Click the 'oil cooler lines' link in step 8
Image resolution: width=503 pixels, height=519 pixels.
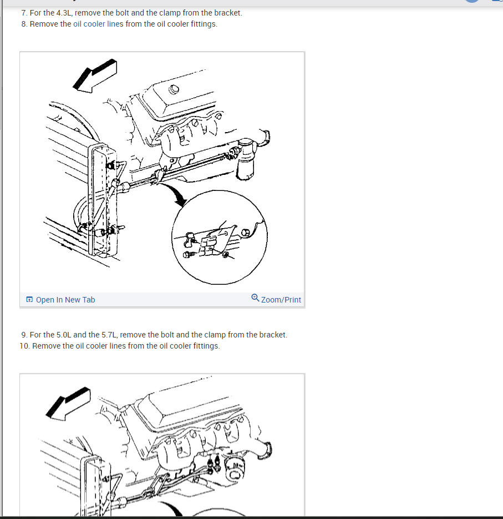(98, 24)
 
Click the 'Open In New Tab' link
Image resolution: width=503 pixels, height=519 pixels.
(65, 300)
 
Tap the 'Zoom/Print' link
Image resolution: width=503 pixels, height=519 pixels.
(281, 300)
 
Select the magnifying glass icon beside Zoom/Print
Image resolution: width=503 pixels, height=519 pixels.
(255, 298)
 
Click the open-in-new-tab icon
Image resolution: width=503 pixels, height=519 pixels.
(29, 299)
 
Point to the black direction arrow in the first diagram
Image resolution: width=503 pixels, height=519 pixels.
(95, 75)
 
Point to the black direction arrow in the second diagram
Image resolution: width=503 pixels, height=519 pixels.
(68, 404)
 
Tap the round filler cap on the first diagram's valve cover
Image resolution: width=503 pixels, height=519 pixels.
(174, 89)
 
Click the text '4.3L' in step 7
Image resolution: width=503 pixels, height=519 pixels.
(64, 13)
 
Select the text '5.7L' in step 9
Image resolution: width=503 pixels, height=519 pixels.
(109, 335)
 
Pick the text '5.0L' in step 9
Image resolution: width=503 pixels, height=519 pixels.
(64, 335)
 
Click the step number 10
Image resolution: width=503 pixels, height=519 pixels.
(25, 346)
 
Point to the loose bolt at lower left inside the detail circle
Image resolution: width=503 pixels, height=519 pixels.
(187, 255)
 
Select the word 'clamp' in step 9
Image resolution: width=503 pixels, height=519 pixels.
(215, 335)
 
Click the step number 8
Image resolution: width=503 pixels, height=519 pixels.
(24, 24)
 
